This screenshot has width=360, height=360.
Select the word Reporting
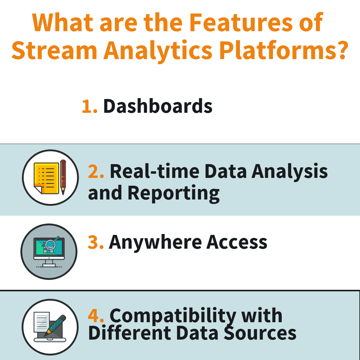pyautogui.click(x=173, y=193)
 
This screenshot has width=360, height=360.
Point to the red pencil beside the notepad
pyautogui.click(x=63, y=177)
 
